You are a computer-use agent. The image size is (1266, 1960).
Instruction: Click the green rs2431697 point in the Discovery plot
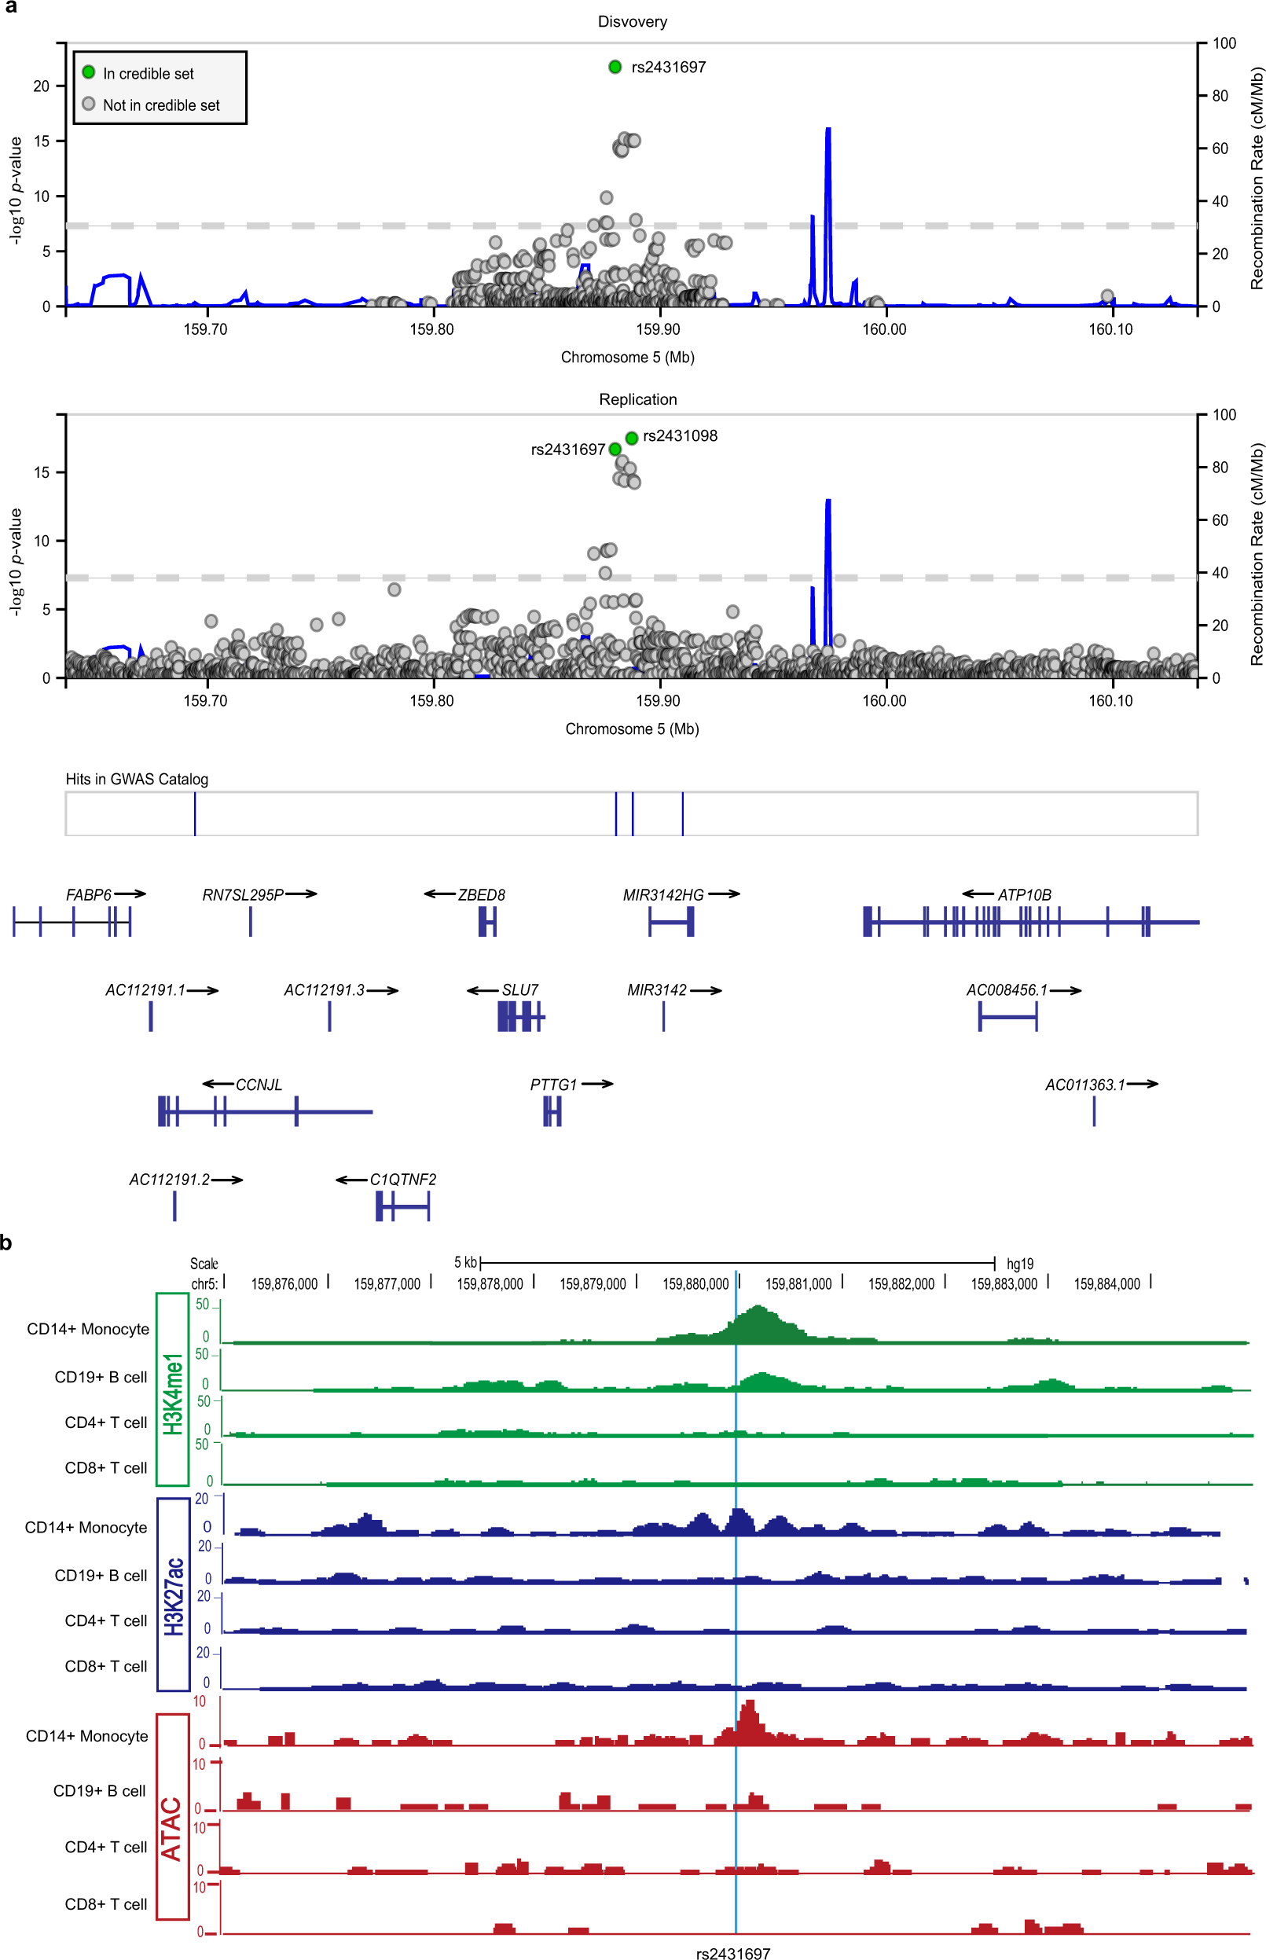click(615, 67)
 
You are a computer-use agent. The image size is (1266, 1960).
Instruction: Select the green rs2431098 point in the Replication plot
click(631, 439)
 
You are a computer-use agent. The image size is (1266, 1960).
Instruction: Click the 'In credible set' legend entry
click(148, 73)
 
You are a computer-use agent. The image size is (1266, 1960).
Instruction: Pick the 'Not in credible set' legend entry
click(160, 105)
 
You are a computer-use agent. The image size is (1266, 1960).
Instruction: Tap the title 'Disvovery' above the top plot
click(632, 21)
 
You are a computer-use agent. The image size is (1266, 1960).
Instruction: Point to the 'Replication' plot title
click(638, 398)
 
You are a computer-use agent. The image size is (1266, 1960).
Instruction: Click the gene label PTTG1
click(553, 1085)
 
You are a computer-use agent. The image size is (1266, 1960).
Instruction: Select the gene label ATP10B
click(1023, 894)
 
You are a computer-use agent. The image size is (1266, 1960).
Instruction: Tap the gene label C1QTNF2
click(403, 1179)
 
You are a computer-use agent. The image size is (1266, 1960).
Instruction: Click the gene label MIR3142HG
click(662, 894)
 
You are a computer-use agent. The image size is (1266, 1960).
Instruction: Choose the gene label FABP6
click(88, 894)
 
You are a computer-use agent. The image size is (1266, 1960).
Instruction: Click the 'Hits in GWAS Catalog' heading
click(137, 779)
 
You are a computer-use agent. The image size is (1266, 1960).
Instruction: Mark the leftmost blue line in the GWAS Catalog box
click(195, 814)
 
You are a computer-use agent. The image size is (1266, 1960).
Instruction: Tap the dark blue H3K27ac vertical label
click(173, 1595)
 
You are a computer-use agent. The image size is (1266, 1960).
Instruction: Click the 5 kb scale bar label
click(464, 1262)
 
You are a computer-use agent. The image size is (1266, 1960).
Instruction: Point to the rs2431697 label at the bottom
click(732, 1954)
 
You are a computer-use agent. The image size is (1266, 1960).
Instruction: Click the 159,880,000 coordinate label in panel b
click(695, 1283)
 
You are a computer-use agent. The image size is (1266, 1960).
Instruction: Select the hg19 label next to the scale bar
click(1019, 1263)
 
